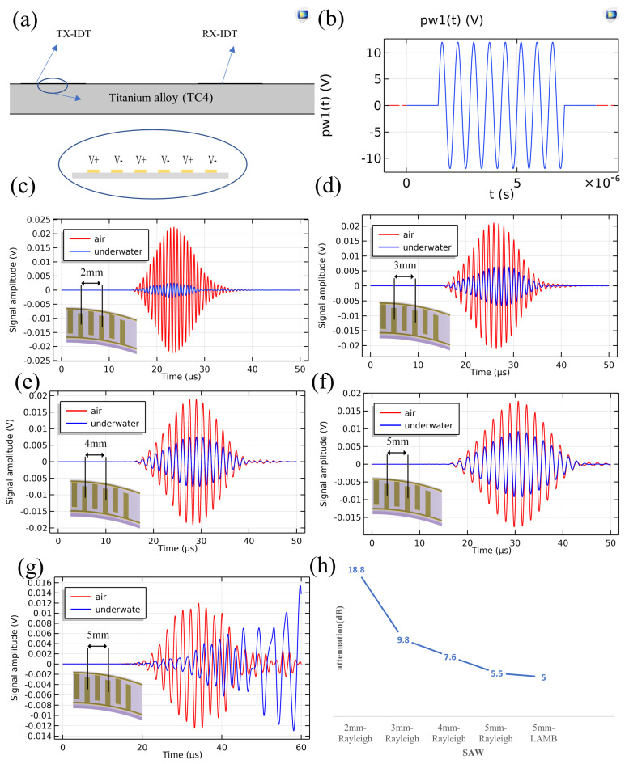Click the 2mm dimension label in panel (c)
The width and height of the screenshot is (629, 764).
[x=91, y=272]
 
